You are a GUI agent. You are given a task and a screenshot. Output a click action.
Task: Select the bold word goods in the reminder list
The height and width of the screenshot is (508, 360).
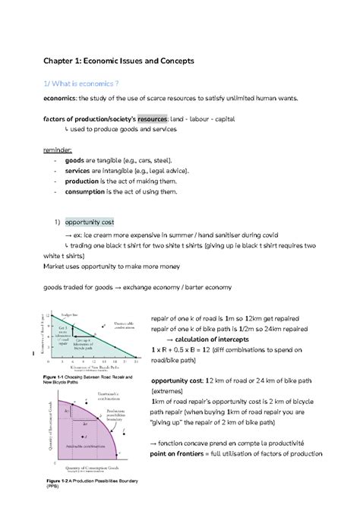click(74, 161)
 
